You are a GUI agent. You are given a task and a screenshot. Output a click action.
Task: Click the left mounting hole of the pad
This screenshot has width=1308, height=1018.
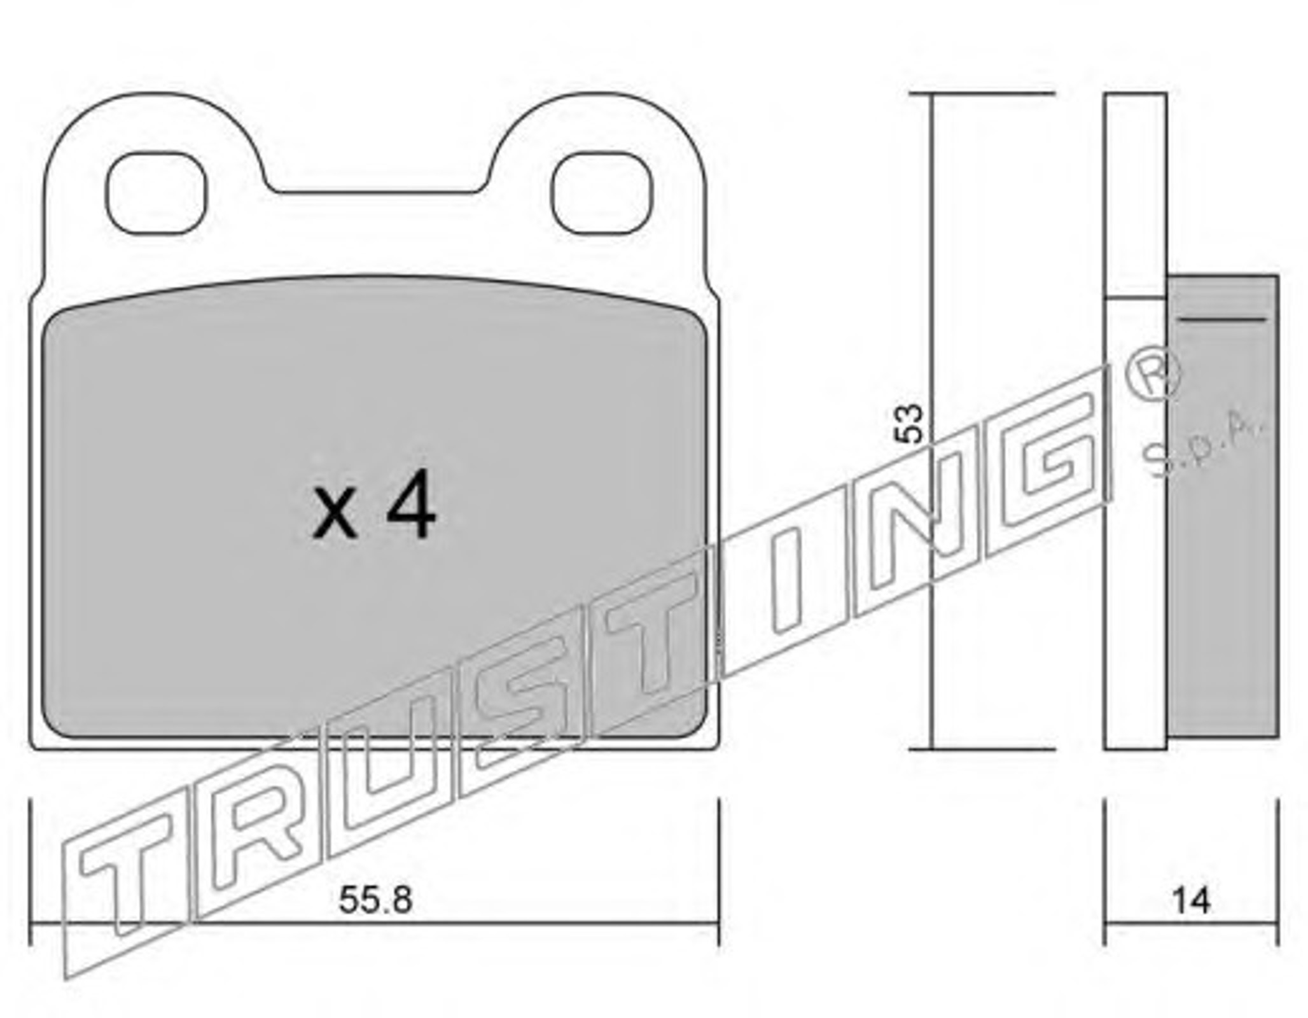tap(157, 193)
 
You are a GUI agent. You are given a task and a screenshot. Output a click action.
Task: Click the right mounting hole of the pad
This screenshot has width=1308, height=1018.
tap(602, 193)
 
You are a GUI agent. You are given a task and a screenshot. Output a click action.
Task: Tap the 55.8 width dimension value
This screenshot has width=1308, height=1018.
tap(376, 900)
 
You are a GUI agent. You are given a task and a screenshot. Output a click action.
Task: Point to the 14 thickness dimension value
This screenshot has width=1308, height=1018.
tap(1192, 900)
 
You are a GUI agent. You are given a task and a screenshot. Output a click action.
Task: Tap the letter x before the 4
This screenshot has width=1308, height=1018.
tap(335, 514)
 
